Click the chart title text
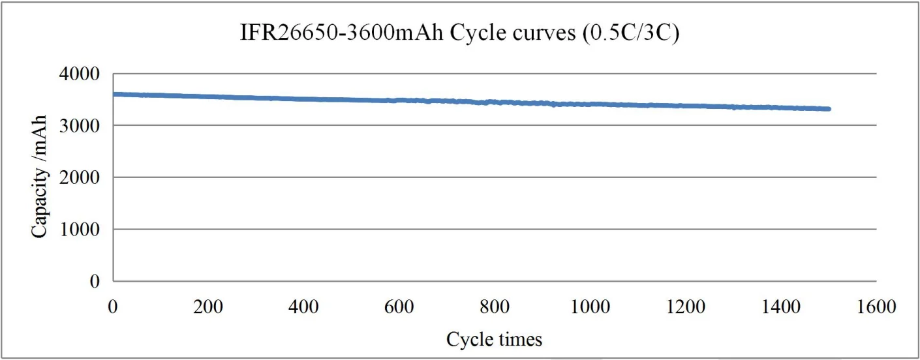(x=460, y=34)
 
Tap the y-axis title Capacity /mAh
(x=39, y=177)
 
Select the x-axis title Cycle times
(x=494, y=339)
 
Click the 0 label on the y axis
(x=95, y=282)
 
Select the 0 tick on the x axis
(x=114, y=306)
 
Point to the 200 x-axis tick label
(x=209, y=306)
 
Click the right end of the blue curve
(x=828, y=109)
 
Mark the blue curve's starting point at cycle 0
(x=115, y=95)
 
